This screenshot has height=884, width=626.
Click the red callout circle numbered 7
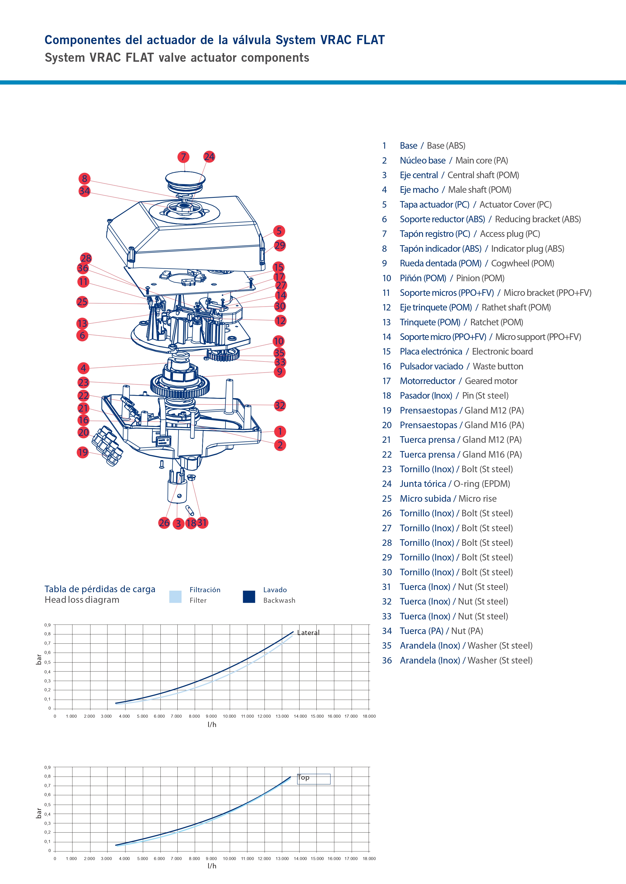[x=183, y=157]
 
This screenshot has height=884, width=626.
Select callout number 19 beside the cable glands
[x=83, y=452]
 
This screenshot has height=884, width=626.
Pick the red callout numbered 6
[x=82, y=335]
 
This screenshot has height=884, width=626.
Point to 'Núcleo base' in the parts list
[x=422, y=161]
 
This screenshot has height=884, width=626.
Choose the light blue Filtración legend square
[x=175, y=596]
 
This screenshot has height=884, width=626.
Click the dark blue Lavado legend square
[x=249, y=596]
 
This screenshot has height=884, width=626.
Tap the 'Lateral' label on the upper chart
[x=308, y=633]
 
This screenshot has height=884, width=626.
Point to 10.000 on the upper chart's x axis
[x=229, y=716]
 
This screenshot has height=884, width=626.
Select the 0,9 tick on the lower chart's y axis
[x=47, y=767]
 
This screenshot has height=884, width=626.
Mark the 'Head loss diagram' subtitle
[x=82, y=600]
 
